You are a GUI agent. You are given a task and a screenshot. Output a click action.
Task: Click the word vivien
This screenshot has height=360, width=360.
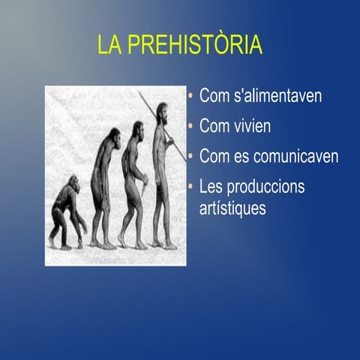pos(251,127)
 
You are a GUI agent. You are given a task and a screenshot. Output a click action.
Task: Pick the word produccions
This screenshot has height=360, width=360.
pos(268,187)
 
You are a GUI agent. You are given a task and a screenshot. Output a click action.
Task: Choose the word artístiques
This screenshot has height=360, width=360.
pos(232,208)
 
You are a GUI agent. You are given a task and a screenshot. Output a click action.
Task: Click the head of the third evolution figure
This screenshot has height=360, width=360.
pos(136,129)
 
